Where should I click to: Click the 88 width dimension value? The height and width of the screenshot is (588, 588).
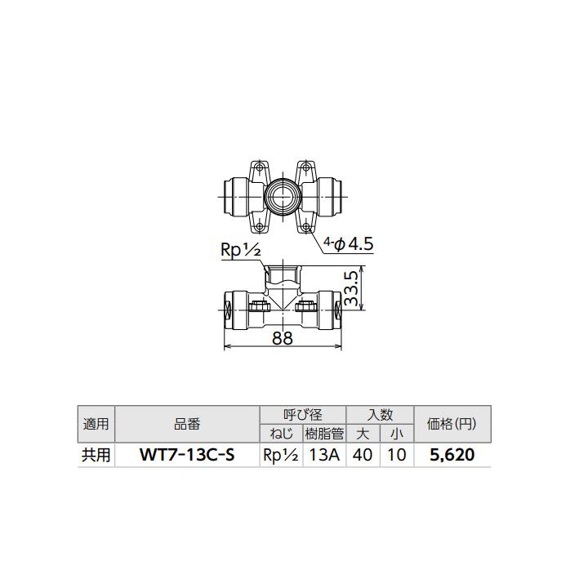(282, 338)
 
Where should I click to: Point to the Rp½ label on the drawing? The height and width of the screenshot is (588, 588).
(240, 251)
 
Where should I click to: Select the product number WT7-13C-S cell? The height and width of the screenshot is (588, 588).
(187, 455)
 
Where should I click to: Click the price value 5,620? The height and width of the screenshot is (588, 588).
(452, 455)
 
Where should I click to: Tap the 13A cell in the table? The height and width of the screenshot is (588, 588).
(323, 455)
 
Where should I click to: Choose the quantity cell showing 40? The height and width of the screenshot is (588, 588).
(363, 455)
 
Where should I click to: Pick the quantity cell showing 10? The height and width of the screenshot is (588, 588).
(397, 455)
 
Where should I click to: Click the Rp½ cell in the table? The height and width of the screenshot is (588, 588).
(280, 455)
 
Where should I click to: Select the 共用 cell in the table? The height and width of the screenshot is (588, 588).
(95, 455)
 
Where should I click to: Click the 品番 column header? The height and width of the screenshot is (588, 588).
(187, 425)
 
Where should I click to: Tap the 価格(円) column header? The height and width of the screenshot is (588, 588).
(452, 425)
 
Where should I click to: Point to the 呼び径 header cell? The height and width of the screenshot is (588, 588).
(302, 415)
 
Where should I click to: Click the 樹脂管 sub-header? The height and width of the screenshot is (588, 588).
(323, 434)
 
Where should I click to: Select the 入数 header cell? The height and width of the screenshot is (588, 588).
(380, 415)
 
